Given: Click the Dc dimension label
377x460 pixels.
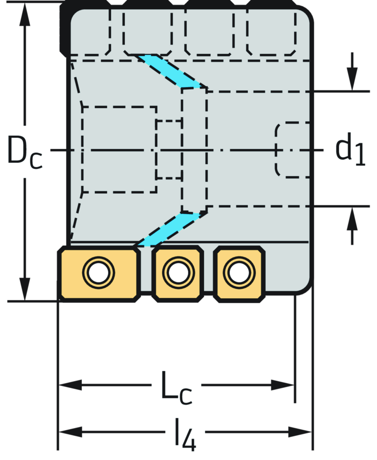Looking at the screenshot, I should click(x=25, y=151).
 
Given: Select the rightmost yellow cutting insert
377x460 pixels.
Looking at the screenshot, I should click(x=239, y=273).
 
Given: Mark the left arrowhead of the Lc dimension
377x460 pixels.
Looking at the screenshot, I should click(x=70, y=385).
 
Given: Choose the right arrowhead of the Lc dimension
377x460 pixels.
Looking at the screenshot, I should click(x=283, y=385).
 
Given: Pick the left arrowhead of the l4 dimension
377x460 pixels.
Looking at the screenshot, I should click(x=70, y=432).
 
